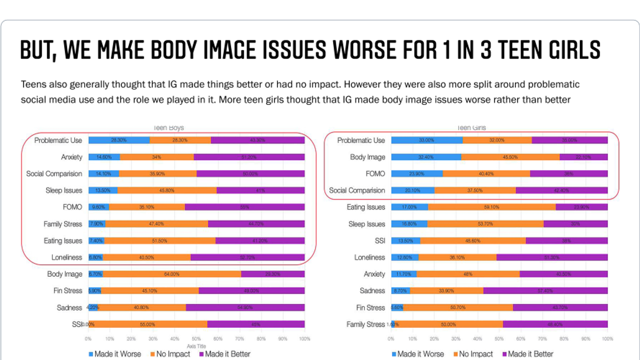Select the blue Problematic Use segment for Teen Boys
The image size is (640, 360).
pyautogui.click(x=119, y=140)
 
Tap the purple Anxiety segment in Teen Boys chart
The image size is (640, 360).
pyautogui.click(x=249, y=157)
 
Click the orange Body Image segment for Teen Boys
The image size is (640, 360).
pyautogui.click(x=172, y=274)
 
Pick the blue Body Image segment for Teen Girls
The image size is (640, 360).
pyautogui.click(x=426, y=157)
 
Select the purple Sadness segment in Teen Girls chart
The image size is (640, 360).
pyautogui.click(x=545, y=291)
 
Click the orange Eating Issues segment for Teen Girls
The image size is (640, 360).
pyautogui.click(x=491, y=207)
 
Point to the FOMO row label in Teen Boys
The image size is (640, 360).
pyautogui.click(x=72, y=207)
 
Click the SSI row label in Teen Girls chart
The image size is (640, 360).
pyautogui.click(x=380, y=241)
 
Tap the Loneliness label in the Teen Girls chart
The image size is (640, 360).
pyautogui.click(x=370, y=257)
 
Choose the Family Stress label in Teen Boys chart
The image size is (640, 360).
pyautogui.click(x=63, y=224)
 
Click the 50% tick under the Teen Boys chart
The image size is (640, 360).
pyautogui.click(x=196, y=339)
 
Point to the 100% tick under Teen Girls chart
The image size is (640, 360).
pyautogui.click(x=607, y=339)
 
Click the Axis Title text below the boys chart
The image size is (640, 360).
pyautogui.click(x=196, y=346)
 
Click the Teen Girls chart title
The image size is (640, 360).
pyautogui.click(x=471, y=128)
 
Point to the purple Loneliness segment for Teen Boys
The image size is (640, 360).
pyautogui.click(x=247, y=257)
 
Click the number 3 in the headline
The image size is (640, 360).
pyautogui.click(x=485, y=50)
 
